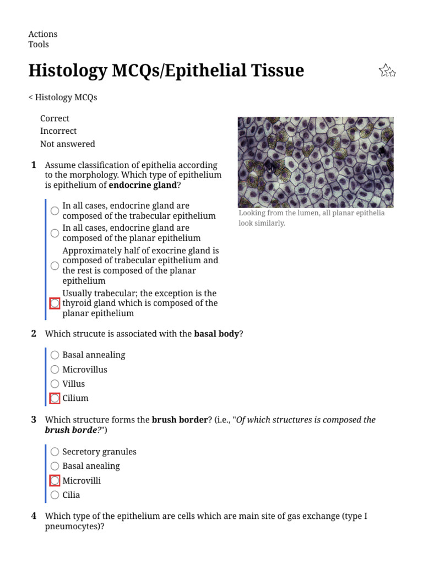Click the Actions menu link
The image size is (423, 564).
tap(42, 34)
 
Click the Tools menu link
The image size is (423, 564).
tap(39, 45)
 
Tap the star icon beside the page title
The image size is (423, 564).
tap(387, 70)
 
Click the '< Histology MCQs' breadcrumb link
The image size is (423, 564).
tap(63, 97)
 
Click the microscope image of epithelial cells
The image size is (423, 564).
tap(316, 162)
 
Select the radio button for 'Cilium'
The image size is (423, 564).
tap(55, 398)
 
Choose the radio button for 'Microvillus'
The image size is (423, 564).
tap(55, 370)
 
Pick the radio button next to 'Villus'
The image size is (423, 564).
tap(55, 384)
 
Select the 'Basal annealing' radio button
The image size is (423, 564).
tap(55, 355)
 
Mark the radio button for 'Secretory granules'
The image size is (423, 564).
tap(55, 452)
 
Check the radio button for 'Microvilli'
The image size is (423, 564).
tap(55, 481)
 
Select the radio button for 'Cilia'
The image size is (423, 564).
tap(55, 495)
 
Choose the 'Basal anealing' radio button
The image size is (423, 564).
tap(55, 467)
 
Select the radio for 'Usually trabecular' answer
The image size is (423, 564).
tap(55, 303)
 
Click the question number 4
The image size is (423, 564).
tap(34, 516)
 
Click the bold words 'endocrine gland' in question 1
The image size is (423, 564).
tap(143, 186)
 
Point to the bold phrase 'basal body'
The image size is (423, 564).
tap(216, 334)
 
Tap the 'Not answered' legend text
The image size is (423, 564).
tap(67, 144)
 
